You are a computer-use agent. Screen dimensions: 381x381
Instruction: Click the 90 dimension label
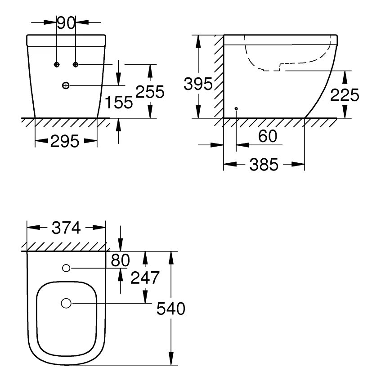coord(66,23)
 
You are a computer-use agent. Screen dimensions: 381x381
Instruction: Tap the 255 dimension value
coord(150,92)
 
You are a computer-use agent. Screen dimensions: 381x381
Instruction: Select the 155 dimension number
coord(119,102)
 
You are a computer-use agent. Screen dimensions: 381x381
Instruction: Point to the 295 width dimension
coord(65,141)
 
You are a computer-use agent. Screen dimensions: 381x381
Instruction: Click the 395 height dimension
coord(198,84)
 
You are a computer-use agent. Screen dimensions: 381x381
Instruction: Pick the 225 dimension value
coord(345,95)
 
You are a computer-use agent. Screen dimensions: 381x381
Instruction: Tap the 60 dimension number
coord(268,136)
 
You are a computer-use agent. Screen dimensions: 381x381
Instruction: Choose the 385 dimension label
coord(264,165)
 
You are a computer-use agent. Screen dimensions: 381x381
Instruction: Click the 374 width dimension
coord(66,228)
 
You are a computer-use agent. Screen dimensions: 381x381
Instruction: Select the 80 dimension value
coord(120,260)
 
